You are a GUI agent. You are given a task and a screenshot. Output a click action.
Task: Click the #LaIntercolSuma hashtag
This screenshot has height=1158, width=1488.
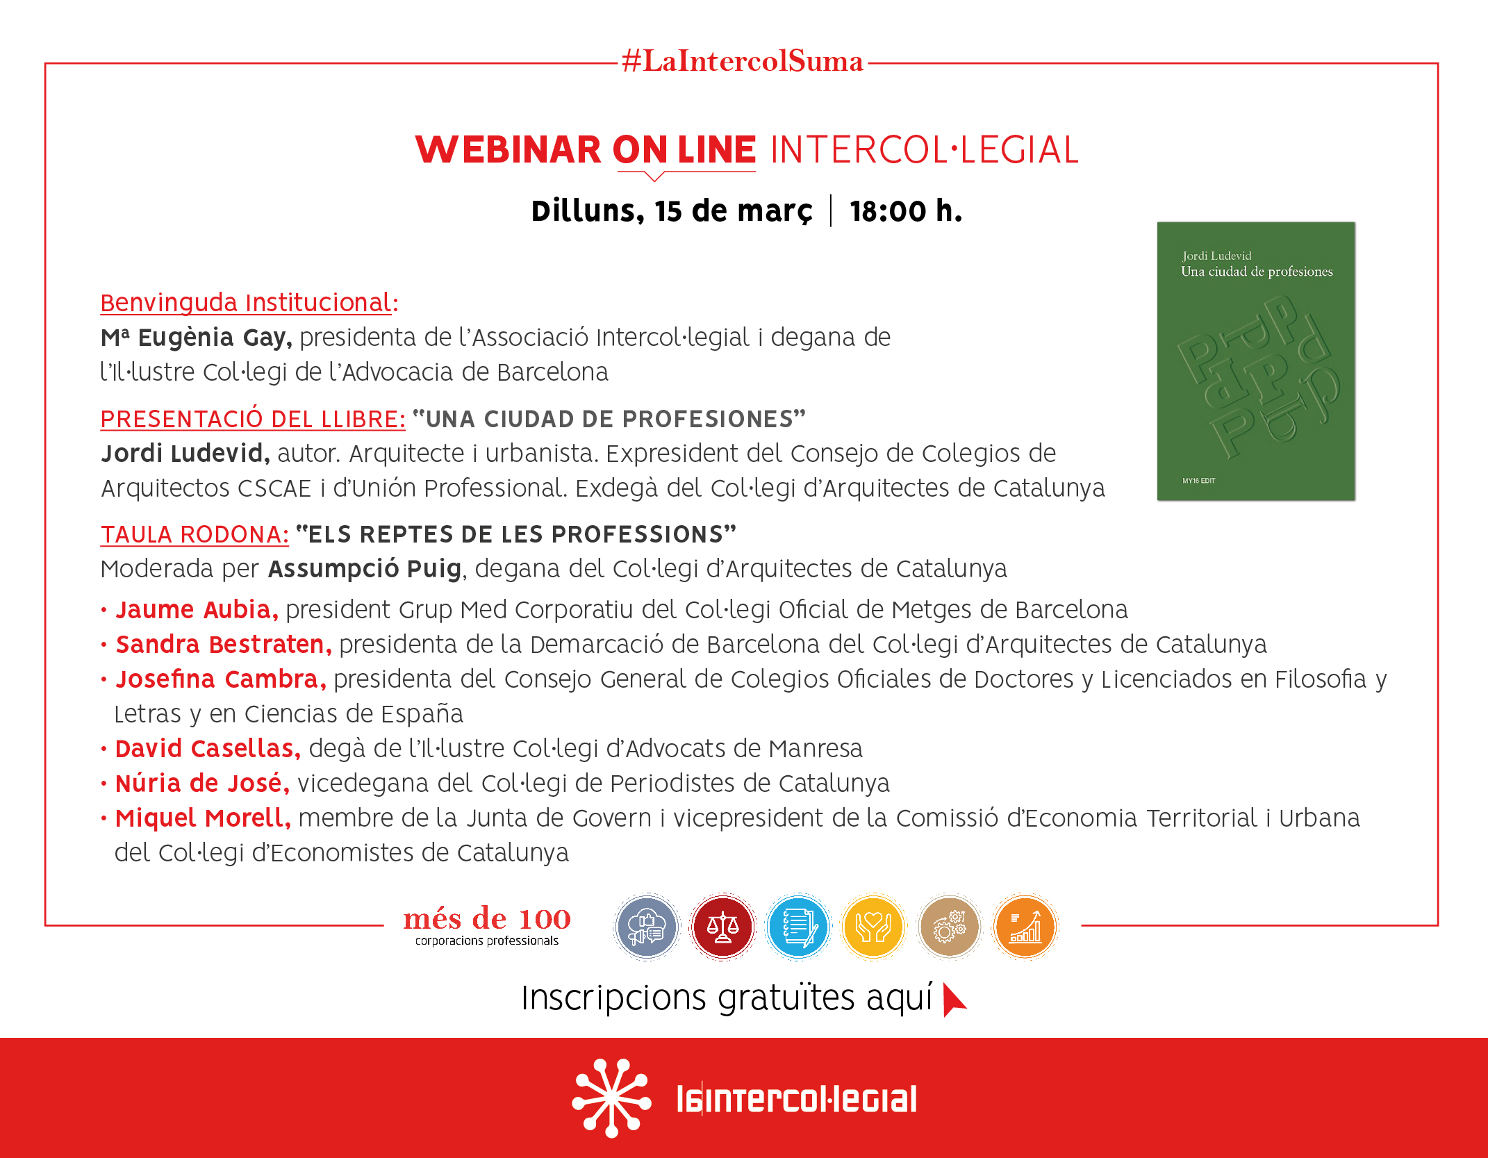[x=743, y=61]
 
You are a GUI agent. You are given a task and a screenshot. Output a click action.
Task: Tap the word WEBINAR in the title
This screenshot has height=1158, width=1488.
[x=508, y=149]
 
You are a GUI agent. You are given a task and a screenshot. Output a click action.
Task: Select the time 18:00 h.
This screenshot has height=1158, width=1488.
[x=906, y=211]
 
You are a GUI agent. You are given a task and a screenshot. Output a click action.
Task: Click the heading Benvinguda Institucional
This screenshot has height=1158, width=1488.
[x=249, y=303]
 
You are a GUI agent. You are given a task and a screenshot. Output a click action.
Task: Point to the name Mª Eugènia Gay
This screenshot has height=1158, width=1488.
[x=196, y=337]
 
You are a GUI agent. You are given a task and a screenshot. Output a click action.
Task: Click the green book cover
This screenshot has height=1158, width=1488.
[x=1256, y=361]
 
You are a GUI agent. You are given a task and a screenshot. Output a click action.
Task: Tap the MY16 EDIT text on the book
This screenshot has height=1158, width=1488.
[x=1199, y=481]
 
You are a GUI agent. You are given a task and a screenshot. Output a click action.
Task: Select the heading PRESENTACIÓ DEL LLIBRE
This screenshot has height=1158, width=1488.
[x=253, y=419]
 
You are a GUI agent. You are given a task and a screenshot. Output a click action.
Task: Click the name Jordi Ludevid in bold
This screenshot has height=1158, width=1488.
[x=185, y=454]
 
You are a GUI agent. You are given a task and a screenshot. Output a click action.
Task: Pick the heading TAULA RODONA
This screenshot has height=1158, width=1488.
[x=195, y=534]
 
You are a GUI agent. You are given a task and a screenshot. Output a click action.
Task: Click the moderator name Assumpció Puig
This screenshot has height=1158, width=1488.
[x=365, y=569]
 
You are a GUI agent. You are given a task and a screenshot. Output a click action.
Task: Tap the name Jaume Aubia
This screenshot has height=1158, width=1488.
[x=197, y=609]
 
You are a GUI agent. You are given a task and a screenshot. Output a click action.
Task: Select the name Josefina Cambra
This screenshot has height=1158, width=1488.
[x=221, y=679]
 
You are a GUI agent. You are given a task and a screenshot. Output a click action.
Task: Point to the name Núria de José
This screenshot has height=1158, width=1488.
[x=202, y=783]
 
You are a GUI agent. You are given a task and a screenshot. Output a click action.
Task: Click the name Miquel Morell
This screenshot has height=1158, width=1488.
[x=203, y=818]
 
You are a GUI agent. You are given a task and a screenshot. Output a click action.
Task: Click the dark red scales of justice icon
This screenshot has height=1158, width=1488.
[x=722, y=927]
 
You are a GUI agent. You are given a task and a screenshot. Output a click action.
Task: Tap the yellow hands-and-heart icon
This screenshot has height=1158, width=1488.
[x=873, y=927]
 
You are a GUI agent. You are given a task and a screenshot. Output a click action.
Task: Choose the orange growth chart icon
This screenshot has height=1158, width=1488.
[x=1025, y=927]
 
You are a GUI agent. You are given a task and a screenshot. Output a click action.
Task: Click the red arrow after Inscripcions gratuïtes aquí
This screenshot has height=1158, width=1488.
[x=954, y=1000]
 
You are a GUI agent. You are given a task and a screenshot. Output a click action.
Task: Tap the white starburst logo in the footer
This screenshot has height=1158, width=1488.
[x=611, y=1098]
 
